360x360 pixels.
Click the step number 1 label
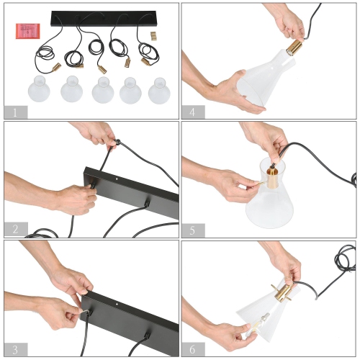pyautogui.click(x=15, y=112)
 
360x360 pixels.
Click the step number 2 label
pyautogui.click(x=15, y=230)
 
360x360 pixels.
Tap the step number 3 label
pyautogui.click(x=15, y=350)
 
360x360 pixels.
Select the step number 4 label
pyautogui.click(x=192, y=112)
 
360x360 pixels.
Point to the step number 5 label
pyautogui.click(x=192, y=230)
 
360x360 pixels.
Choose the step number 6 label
pyautogui.click(x=192, y=349)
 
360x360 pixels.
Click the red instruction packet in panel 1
pyautogui.click(x=28, y=31)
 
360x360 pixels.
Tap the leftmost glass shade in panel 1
pyautogui.click(x=39, y=89)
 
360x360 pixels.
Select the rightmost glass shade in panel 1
pyautogui.click(x=159, y=91)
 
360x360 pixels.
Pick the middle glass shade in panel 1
pyautogui.click(x=103, y=90)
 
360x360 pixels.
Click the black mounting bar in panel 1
pyautogui.click(x=104, y=19)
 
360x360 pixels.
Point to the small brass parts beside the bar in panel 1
pyautogui.click(x=153, y=36)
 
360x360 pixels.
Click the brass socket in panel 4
pyautogui.click(x=294, y=47)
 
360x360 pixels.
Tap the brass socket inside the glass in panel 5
pyautogui.click(x=272, y=178)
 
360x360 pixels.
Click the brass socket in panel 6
pyautogui.click(x=283, y=290)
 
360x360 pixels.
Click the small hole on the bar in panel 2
pyautogui.click(x=117, y=179)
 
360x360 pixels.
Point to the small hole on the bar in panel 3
pyautogui.click(x=117, y=304)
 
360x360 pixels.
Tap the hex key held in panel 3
pyautogui.click(x=85, y=311)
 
